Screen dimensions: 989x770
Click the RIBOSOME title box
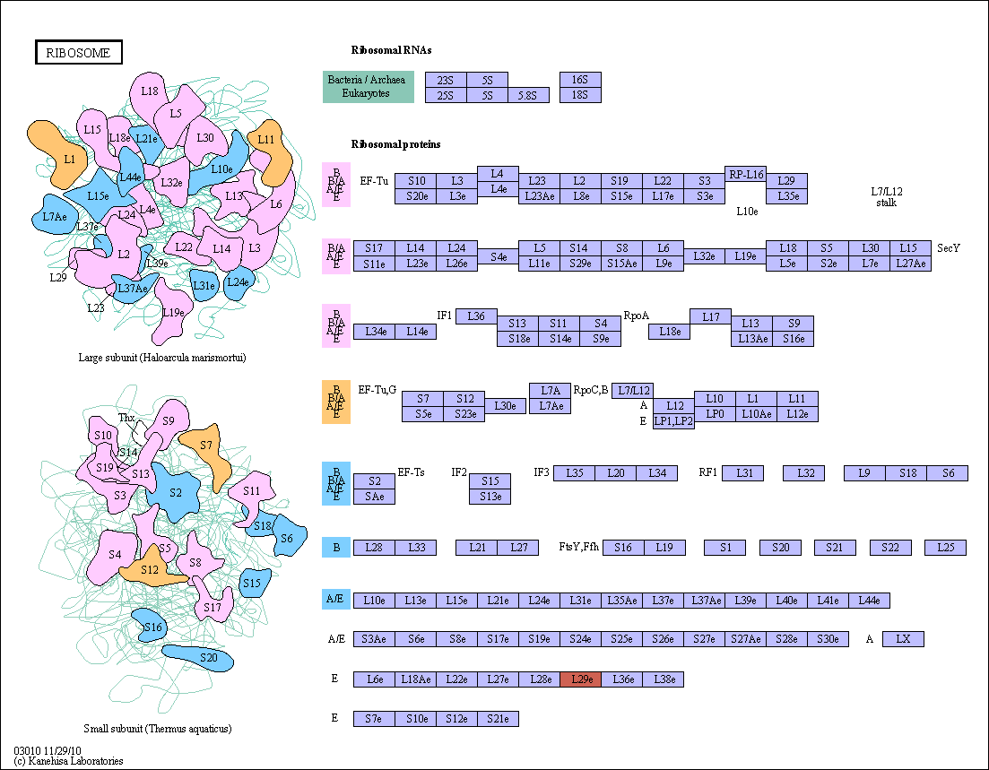pos(78,52)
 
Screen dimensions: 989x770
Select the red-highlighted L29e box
pos(581,679)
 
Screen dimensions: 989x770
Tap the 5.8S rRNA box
pos(528,95)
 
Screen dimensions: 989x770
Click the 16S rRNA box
pos(580,80)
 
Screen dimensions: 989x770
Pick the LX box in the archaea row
pos(903,639)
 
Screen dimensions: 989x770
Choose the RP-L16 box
pos(745,174)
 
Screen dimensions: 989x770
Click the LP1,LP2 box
pos(673,421)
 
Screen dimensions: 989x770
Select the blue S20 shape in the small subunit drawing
pos(198,658)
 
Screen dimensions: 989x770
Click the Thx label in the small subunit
pos(126,418)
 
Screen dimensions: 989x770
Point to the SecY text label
pos(948,247)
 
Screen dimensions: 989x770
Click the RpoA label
pos(636,316)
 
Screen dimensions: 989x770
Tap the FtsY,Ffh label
pos(579,547)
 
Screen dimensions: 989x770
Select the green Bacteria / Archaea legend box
pos(368,86)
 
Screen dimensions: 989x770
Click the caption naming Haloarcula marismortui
pos(162,358)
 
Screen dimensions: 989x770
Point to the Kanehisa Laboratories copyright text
pos(68,761)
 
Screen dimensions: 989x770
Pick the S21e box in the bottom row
pos(499,718)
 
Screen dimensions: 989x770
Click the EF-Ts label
pos(412,472)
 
